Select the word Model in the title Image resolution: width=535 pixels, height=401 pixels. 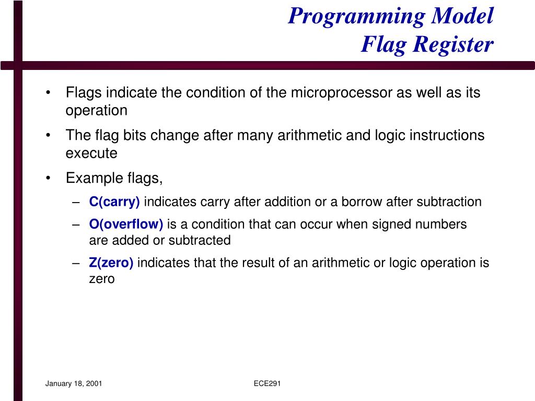pos(462,16)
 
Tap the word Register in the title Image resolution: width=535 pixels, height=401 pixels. pos(452,45)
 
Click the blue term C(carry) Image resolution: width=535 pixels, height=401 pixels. pos(114,202)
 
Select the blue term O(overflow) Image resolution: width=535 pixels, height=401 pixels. pos(126,225)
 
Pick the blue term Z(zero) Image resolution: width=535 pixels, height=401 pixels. pos(111,263)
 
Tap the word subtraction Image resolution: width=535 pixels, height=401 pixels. pos(451,202)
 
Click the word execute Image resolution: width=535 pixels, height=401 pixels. pos(91,154)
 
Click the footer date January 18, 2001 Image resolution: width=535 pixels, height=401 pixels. pos(74,384)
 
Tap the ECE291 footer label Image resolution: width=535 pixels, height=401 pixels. pos(267,384)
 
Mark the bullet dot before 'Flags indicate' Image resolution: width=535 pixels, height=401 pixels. pos(49,93)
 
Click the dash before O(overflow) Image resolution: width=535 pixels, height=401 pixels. pos(76,225)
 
